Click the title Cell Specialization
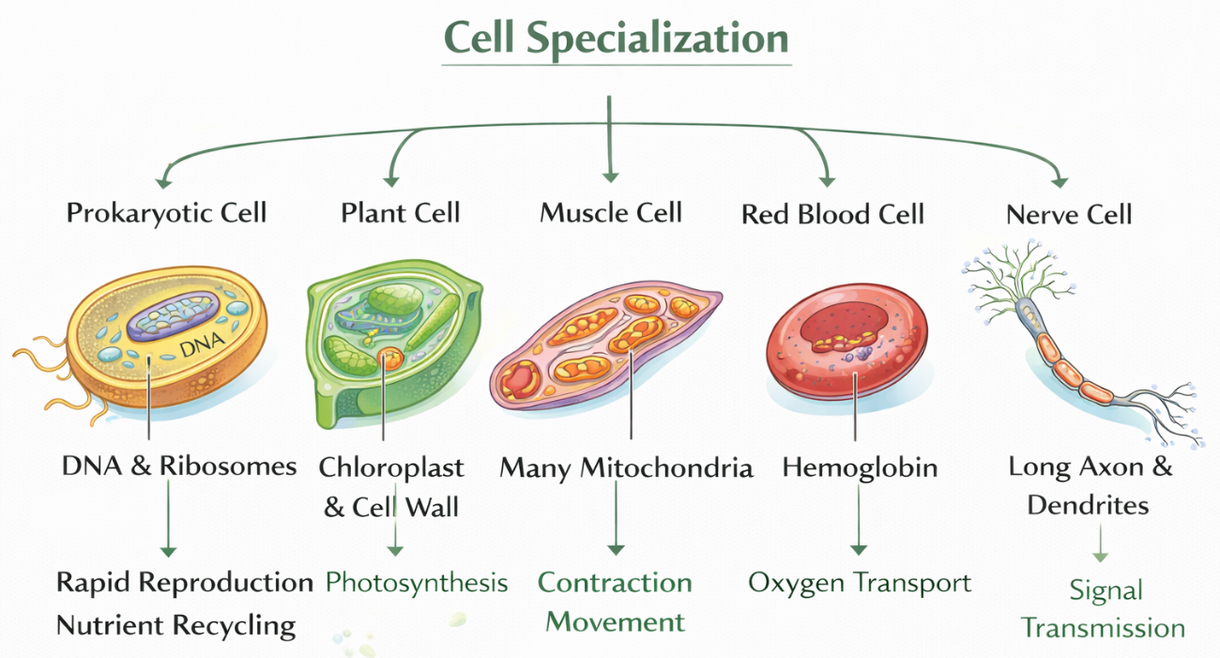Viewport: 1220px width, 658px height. coord(616,38)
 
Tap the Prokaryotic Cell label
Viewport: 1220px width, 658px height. coord(167,213)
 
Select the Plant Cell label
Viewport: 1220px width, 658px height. coord(401,213)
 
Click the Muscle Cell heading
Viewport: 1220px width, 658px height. coord(611,213)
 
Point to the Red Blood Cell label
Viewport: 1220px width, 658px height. coord(832,215)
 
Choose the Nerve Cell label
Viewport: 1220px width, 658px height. coord(1069,215)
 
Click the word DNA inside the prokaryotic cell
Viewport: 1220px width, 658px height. coord(198,348)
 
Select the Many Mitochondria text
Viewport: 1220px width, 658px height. coord(626,467)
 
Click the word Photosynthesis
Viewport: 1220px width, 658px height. coord(417,583)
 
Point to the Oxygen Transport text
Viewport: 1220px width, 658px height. coord(860,583)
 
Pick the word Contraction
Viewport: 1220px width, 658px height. coord(615,583)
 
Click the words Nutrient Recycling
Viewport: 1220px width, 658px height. coord(176,625)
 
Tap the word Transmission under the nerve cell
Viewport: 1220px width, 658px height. coord(1103,628)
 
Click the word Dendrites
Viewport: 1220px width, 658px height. coord(1088,506)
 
